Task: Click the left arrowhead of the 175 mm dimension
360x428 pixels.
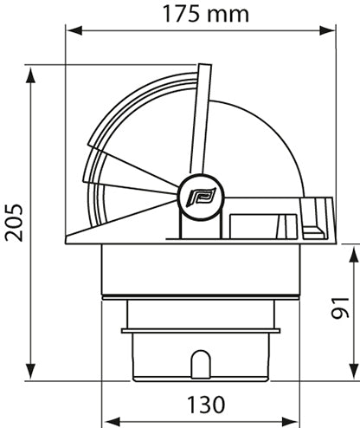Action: pyautogui.click(x=74, y=30)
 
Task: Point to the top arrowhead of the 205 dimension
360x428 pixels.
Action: pyautogui.click(x=31, y=71)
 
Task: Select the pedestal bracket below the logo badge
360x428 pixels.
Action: pyautogui.click(x=196, y=224)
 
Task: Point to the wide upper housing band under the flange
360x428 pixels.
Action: pyautogui.click(x=201, y=269)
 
